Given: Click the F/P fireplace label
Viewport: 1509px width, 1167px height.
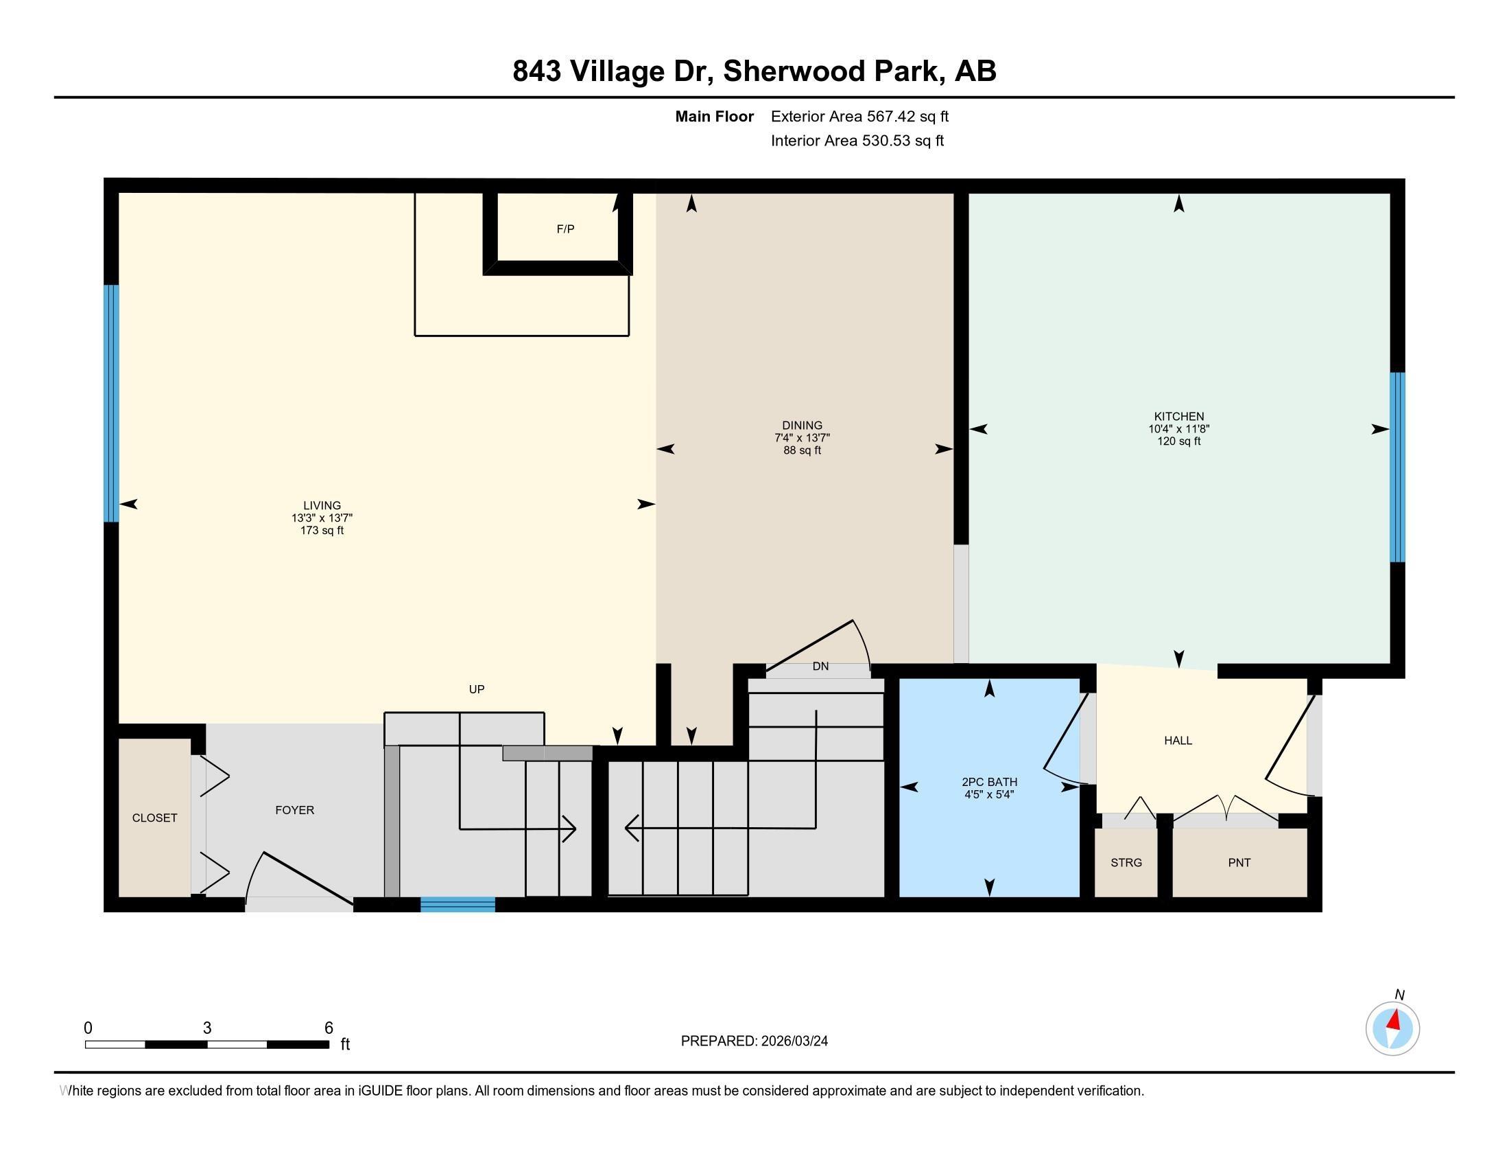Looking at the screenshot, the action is [x=565, y=229].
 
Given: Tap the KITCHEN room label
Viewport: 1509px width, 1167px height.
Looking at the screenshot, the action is [x=1178, y=416].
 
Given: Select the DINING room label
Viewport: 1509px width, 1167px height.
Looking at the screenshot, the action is [x=803, y=425].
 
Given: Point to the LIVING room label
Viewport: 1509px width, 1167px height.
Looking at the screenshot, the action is [x=322, y=505].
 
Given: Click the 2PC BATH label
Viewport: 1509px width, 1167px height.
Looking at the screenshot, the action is [x=989, y=782].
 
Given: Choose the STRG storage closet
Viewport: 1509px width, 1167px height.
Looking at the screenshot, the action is [x=1126, y=862].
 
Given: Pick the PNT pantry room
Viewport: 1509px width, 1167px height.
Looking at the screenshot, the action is [x=1239, y=862].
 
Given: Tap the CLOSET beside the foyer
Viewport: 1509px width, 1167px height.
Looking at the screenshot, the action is [x=155, y=818].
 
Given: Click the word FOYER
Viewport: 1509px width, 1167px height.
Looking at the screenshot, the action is [x=295, y=809].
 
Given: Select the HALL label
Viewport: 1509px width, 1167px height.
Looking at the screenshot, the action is [x=1178, y=741].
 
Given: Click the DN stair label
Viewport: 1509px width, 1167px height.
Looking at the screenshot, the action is [x=820, y=667].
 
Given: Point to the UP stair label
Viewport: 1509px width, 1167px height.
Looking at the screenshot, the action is [x=477, y=689].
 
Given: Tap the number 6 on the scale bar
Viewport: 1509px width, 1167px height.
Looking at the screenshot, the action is [x=329, y=1028].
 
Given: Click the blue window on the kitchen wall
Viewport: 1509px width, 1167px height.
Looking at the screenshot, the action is [x=1397, y=467].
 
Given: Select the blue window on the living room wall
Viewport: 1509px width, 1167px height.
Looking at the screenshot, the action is [x=111, y=404].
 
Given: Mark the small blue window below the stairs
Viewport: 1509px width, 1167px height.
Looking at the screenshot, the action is [x=458, y=904].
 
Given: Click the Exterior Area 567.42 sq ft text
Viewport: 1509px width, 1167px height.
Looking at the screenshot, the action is [x=859, y=116].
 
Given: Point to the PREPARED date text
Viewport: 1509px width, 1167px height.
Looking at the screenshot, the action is [x=754, y=1041].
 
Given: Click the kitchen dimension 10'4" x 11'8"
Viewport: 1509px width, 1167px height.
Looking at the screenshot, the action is [x=1178, y=428].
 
